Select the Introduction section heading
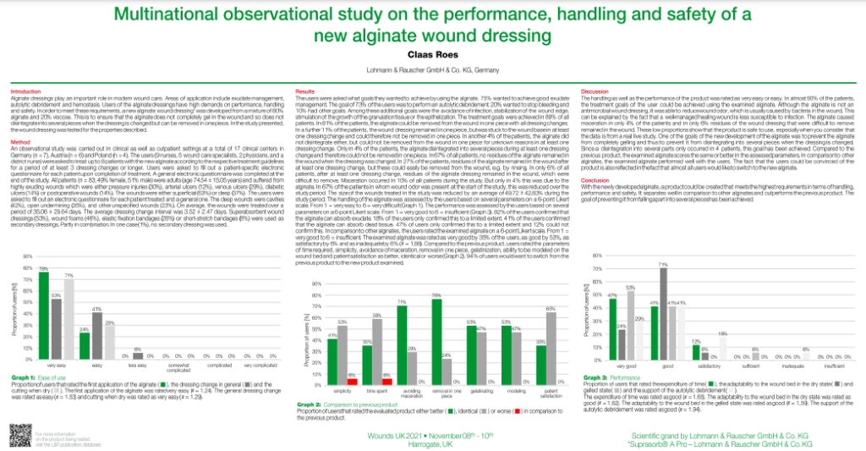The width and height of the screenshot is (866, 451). (25, 91)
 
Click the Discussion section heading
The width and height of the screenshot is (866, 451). (595, 90)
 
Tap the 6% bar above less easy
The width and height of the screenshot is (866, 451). (137, 355)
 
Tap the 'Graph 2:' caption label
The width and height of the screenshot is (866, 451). (310, 404)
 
